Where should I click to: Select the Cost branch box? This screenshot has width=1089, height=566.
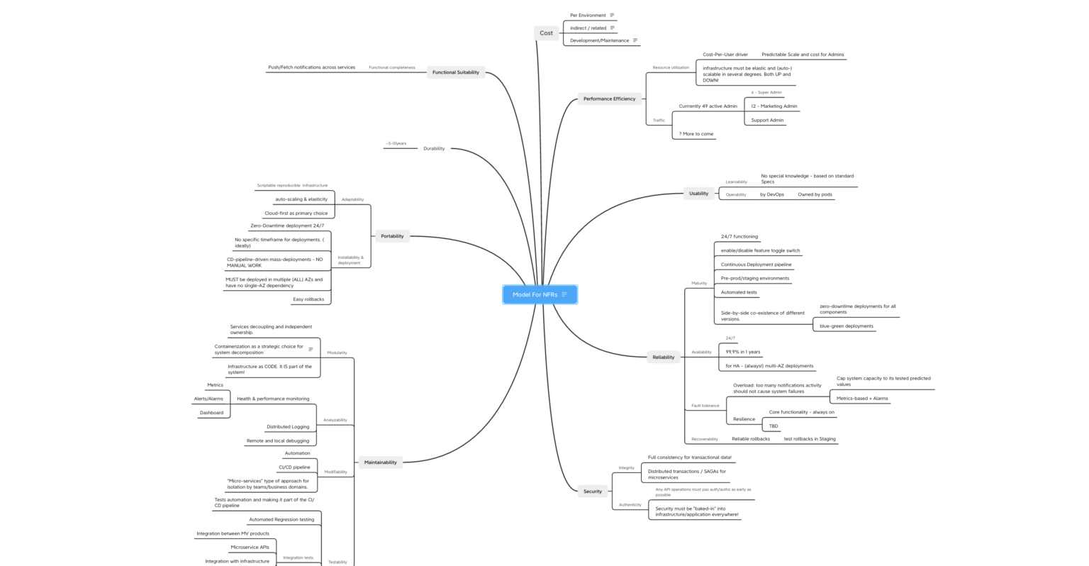[546, 33]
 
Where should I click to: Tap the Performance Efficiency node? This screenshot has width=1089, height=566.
[609, 99]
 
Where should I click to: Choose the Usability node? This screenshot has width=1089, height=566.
[698, 193]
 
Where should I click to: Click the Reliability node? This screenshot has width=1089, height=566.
[663, 357]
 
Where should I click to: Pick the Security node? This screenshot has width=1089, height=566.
[592, 491]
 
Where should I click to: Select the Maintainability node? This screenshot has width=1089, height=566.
[380, 462]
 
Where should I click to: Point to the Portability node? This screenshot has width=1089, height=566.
[392, 236]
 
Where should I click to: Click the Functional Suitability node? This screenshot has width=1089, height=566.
[455, 72]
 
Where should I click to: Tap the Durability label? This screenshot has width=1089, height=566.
[434, 149]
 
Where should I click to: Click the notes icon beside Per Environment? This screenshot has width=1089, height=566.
[613, 15]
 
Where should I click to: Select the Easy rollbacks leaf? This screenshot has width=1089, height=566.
[308, 299]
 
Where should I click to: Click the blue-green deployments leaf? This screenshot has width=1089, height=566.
[847, 326]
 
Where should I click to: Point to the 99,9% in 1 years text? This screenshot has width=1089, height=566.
[742, 352]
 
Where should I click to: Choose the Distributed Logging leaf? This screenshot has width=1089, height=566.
[288, 427]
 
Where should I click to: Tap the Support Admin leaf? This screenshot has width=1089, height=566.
[767, 120]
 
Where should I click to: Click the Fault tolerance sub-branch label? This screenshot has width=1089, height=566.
[705, 406]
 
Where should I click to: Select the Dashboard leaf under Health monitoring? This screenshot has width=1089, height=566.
[211, 413]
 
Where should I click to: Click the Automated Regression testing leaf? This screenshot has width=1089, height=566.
[281, 519]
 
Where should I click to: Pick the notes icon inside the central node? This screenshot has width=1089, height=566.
[564, 294]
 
